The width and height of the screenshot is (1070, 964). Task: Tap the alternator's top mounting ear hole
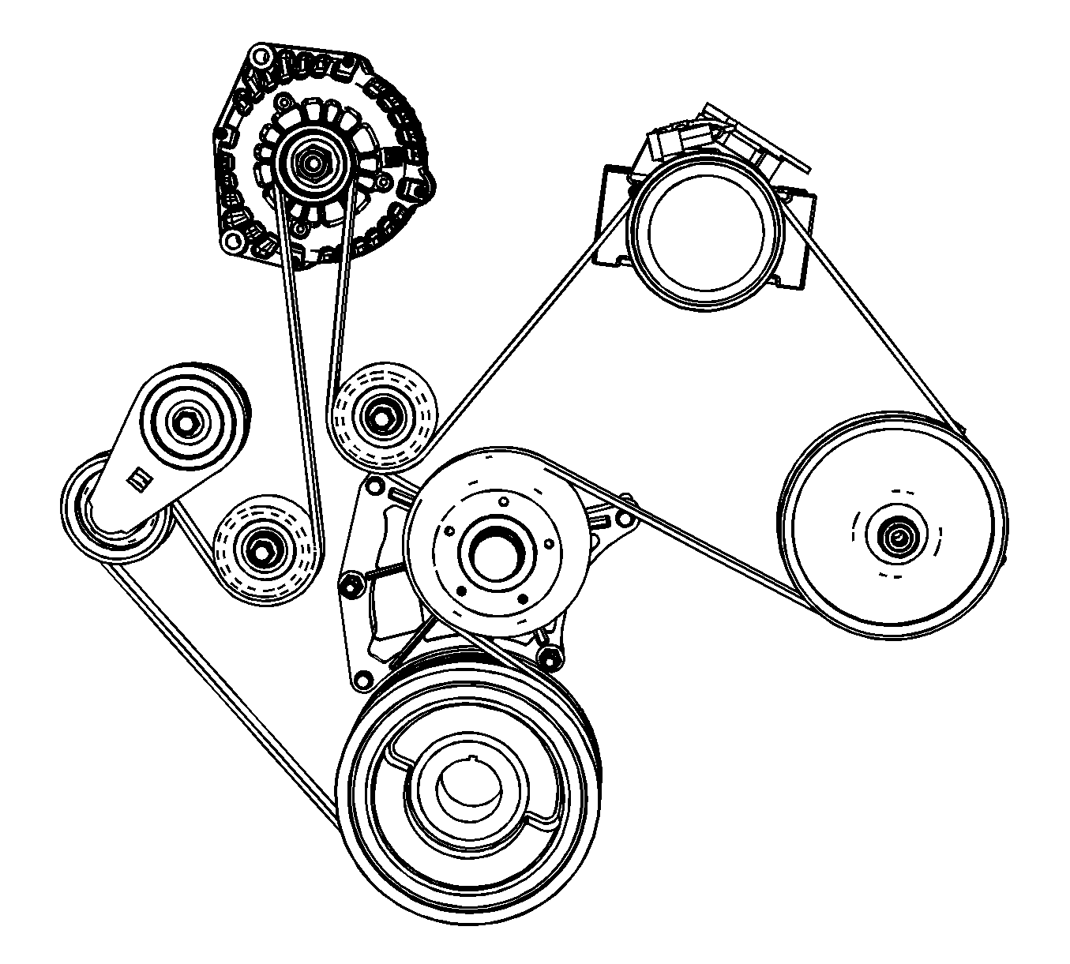pos(259,56)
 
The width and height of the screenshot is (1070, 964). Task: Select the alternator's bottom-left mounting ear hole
pos(231,240)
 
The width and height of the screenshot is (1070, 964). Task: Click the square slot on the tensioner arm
pos(138,478)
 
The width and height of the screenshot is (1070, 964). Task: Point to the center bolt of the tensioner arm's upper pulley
pos(186,422)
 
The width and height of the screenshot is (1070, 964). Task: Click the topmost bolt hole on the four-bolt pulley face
pos(502,499)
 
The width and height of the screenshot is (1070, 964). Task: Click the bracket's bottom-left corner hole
pos(364,678)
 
